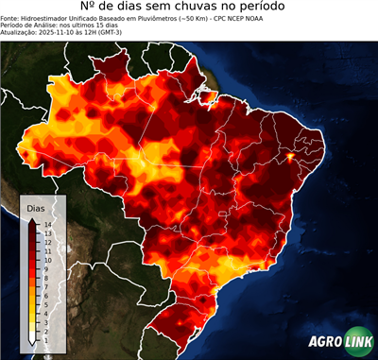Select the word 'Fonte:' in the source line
(10, 18)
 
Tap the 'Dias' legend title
(36, 207)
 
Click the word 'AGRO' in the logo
(327, 342)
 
